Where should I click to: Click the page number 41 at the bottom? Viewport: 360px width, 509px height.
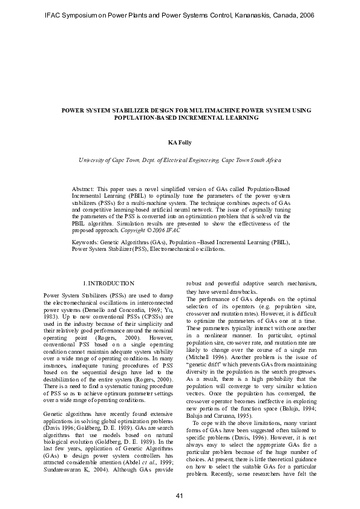(180, 496)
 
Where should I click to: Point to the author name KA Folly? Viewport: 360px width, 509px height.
(180, 143)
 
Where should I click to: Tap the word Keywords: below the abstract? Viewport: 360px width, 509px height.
(85, 241)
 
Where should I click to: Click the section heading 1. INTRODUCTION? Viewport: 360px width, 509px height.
(108, 283)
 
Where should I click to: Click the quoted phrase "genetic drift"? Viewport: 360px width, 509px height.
(202, 349)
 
